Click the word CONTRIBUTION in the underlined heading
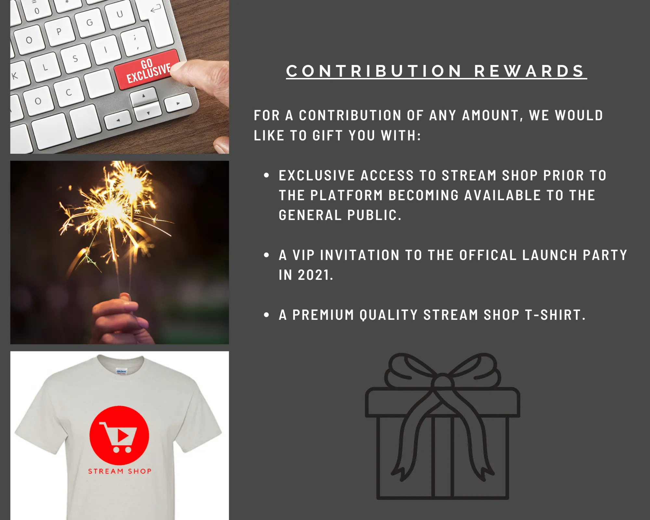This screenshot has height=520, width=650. coord(374,71)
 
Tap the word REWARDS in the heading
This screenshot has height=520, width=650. coord(529,71)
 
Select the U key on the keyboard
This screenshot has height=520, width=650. coord(120,14)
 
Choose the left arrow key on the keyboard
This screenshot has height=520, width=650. coord(118,120)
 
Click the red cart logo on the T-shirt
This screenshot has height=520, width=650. coord(119,435)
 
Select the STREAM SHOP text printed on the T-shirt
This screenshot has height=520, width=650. coord(120,471)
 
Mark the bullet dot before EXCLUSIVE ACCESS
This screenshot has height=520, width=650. coord(267,175)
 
